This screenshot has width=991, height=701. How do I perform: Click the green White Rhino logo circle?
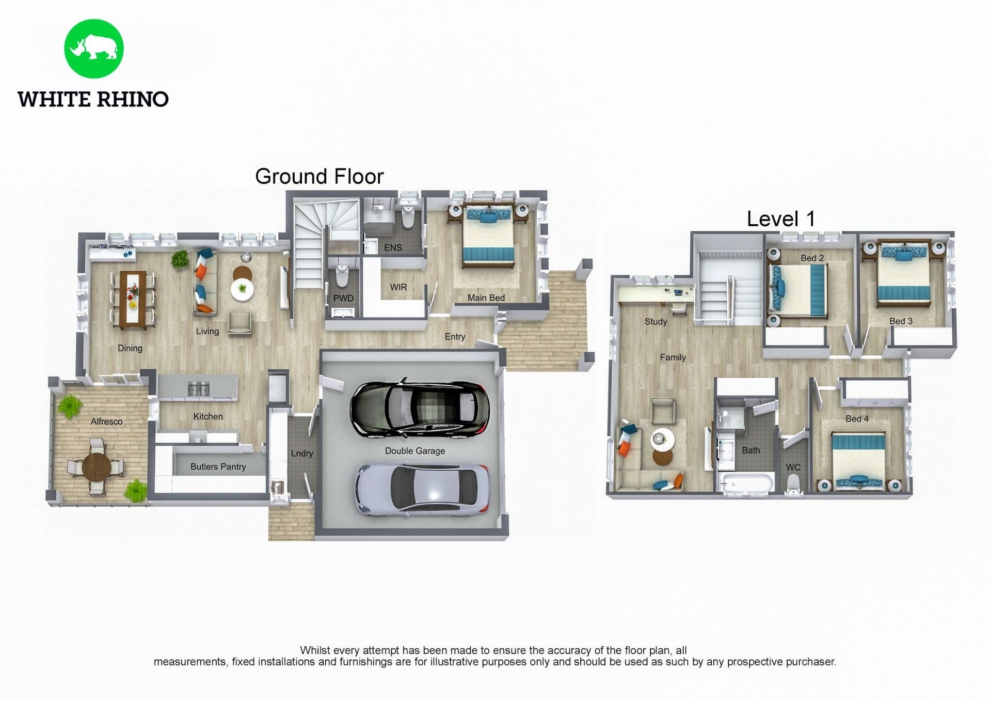94,49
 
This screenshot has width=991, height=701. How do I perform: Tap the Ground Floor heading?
319,177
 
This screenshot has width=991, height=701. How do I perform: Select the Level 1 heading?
780,219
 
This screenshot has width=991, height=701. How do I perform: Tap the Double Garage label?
414,451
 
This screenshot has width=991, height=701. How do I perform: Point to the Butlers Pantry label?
218,467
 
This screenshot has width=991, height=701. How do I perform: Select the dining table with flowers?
133,300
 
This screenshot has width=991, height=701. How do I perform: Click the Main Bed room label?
486,298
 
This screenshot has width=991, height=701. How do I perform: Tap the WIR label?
398,287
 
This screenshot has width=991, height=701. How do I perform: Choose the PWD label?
343,299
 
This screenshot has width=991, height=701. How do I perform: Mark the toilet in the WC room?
793,484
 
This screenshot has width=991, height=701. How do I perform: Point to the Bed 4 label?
856,419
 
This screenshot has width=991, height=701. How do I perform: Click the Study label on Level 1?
656,322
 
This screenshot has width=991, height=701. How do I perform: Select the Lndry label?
301,454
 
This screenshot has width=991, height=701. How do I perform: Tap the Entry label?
455,337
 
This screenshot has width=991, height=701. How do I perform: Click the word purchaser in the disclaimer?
810,662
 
